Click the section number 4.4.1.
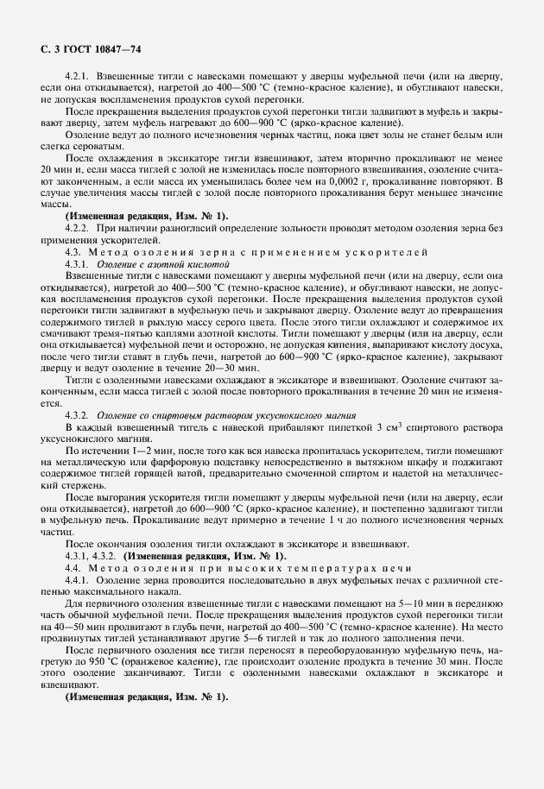click(x=82, y=581)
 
